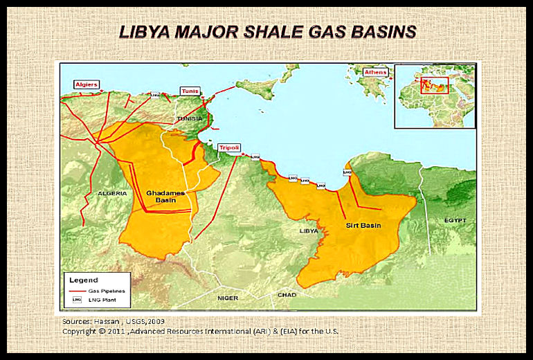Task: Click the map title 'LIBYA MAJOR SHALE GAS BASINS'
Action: [x=267, y=32]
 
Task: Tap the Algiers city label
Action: [x=87, y=84]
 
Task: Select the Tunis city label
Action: [x=190, y=91]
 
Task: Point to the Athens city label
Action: [x=376, y=72]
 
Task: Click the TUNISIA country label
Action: [x=190, y=118]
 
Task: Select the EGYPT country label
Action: [x=455, y=220]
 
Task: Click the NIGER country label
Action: [x=228, y=298]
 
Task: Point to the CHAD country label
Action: [x=287, y=295]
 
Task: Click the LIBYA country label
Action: [x=308, y=231]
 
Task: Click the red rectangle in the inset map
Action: [x=434, y=84]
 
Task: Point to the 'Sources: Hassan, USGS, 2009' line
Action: [x=114, y=322]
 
